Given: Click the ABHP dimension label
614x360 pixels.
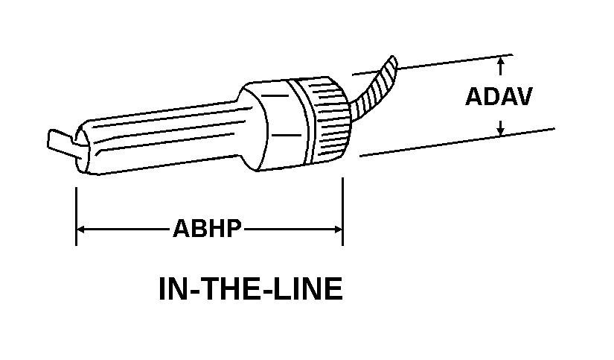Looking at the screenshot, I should pyautogui.click(x=208, y=228).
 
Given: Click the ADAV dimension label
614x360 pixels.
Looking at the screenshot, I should pyautogui.click(x=498, y=97).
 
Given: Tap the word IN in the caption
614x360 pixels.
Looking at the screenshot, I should pyautogui.click(x=172, y=289).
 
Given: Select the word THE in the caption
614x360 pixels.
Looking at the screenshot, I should pyautogui.click(x=236, y=289).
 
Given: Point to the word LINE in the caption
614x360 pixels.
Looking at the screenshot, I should pyautogui.click(x=311, y=289).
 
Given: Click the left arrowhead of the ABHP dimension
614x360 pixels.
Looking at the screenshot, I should pyautogui.click(x=80, y=229).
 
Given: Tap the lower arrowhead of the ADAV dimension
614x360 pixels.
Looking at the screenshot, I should pyautogui.click(x=501, y=130).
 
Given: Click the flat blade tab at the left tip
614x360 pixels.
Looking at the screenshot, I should pyautogui.click(x=59, y=142).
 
